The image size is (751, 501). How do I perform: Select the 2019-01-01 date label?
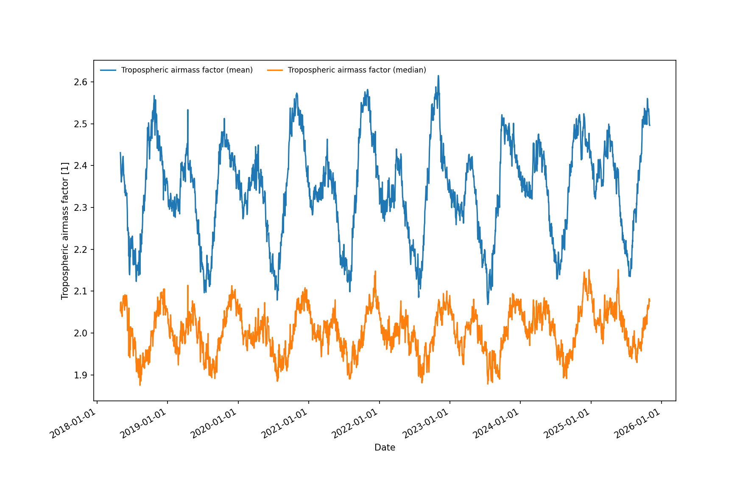click(x=143, y=424)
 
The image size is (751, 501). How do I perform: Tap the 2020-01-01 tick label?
click(x=213, y=424)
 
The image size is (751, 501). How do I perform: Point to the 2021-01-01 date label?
click(x=284, y=424)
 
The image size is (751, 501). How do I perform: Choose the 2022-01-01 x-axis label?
click(x=355, y=424)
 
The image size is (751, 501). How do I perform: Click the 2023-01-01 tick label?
click(x=425, y=424)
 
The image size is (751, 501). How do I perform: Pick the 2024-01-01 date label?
click(x=496, y=424)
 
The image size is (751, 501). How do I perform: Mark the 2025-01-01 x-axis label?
click(x=567, y=424)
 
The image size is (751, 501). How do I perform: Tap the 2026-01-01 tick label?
click(x=637, y=424)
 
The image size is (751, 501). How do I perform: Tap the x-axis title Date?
click(x=385, y=448)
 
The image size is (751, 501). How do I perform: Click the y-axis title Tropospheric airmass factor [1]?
click(x=65, y=231)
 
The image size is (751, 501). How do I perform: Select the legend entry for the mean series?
click(x=187, y=70)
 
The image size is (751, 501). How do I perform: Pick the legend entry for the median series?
click(x=357, y=70)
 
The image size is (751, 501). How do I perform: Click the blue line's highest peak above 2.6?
click(x=438, y=76)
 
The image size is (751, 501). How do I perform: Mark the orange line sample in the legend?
click(x=275, y=70)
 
